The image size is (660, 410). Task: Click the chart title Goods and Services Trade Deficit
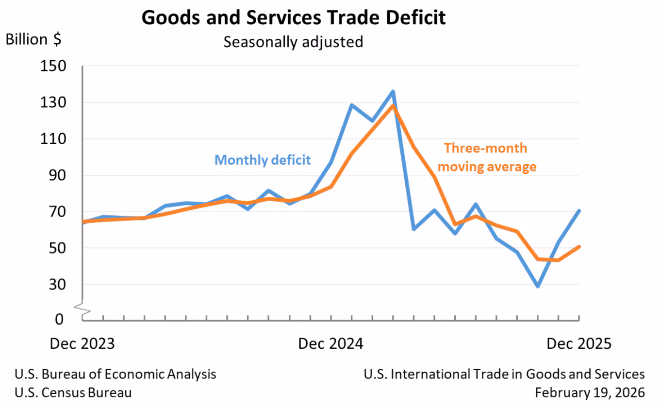[294, 17]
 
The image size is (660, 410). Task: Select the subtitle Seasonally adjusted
[293, 42]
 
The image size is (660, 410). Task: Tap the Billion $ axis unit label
[33, 39]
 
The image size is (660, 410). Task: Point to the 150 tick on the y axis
[53, 66]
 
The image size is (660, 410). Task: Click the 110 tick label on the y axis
[53, 138]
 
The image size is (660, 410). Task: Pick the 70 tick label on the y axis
[57, 212]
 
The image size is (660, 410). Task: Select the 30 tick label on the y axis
[57, 285]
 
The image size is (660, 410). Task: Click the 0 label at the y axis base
[59, 319]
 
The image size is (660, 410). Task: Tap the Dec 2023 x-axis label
[82, 343]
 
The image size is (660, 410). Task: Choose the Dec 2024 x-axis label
[330, 343]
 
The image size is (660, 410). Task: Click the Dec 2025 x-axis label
[579, 343]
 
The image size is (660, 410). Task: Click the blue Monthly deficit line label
[263, 160]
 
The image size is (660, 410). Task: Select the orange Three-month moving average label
[487, 157]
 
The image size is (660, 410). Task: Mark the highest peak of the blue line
[393, 91]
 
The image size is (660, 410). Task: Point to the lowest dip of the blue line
[538, 286]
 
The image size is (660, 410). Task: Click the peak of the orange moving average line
[393, 105]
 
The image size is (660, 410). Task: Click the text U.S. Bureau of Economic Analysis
[115, 374]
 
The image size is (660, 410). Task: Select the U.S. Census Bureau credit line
[73, 393]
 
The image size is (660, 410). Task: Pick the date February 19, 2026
[590, 393]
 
